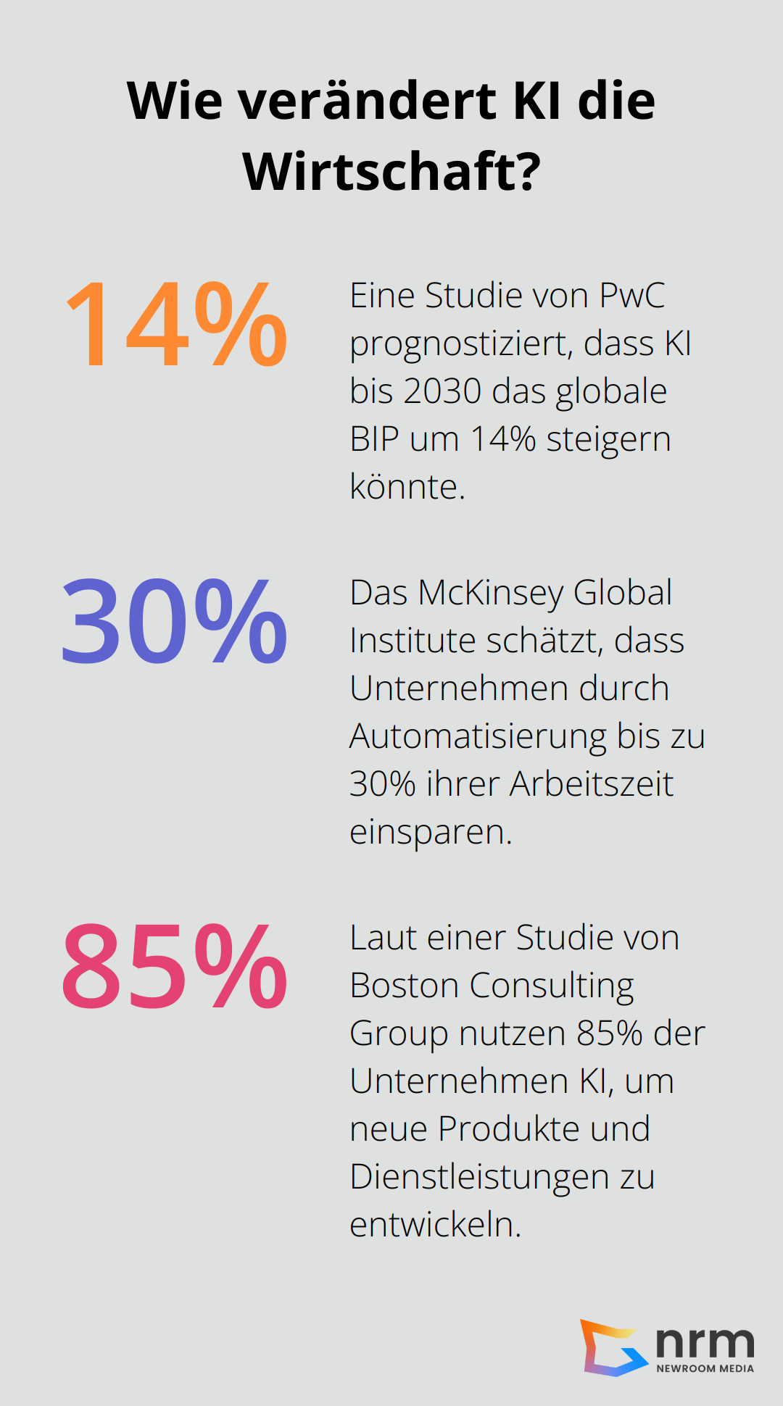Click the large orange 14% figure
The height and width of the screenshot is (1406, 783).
click(x=176, y=325)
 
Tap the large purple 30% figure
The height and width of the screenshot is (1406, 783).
click(x=175, y=622)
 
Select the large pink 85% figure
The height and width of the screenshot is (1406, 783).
click(x=175, y=967)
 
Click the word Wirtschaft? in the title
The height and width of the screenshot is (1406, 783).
click(x=391, y=172)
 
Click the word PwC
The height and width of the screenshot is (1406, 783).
click(x=631, y=296)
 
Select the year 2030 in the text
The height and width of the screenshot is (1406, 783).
click(x=442, y=391)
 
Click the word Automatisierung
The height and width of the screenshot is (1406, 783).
click(x=478, y=736)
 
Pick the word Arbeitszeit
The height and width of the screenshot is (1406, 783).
click(x=592, y=784)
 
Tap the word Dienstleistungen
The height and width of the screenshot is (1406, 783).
click(x=479, y=1177)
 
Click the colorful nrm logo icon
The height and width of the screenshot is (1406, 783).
click(x=613, y=1348)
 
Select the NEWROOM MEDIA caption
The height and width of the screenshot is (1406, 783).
click(x=705, y=1368)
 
